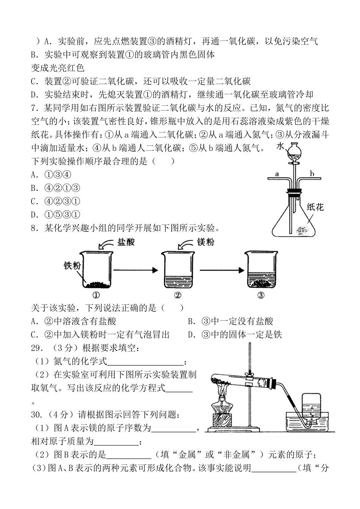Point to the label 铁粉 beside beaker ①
[x=72, y=265]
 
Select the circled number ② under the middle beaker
[x=177, y=296]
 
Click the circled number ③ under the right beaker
[x=260, y=296]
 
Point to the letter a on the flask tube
[x=277, y=174]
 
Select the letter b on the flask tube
[x=312, y=174]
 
